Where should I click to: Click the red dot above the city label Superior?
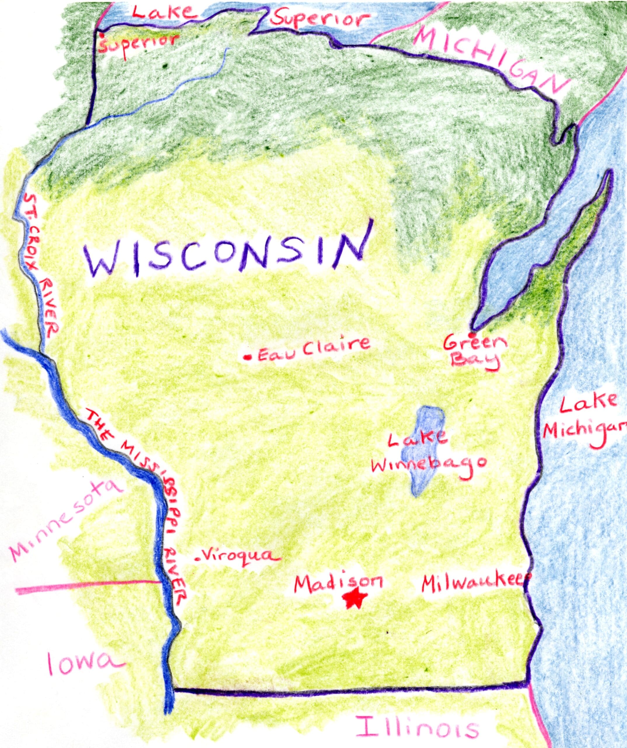(x=102, y=36)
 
